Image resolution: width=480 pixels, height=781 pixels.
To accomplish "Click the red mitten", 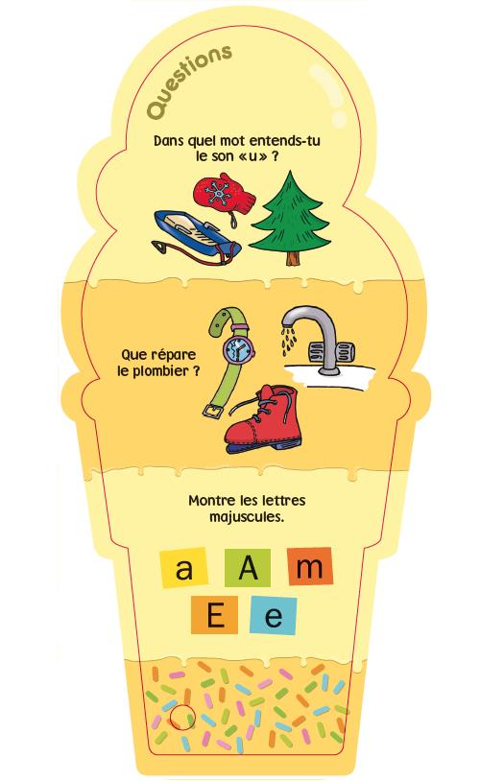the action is click(224, 195).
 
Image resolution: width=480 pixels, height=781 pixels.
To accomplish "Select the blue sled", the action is click(197, 235).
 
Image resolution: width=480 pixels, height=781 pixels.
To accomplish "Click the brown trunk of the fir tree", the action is click(292, 256).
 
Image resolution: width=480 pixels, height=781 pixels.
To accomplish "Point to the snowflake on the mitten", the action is click(217, 193).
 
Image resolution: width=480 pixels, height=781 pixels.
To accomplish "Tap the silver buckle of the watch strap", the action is click(213, 410).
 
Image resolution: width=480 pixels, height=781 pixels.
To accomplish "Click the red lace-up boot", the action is click(262, 419).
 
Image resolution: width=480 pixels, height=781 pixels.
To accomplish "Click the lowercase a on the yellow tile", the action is click(184, 568).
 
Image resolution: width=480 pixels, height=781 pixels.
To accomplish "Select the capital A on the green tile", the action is click(248, 568).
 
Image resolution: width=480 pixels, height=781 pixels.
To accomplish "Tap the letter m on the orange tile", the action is click(310, 567).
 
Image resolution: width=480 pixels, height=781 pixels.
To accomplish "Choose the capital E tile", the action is click(215, 615).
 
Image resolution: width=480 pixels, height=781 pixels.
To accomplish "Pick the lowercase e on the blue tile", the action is click(273, 616).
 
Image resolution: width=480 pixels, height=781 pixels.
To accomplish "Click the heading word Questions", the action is click(189, 83).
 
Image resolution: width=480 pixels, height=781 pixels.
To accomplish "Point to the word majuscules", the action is click(247, 517).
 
